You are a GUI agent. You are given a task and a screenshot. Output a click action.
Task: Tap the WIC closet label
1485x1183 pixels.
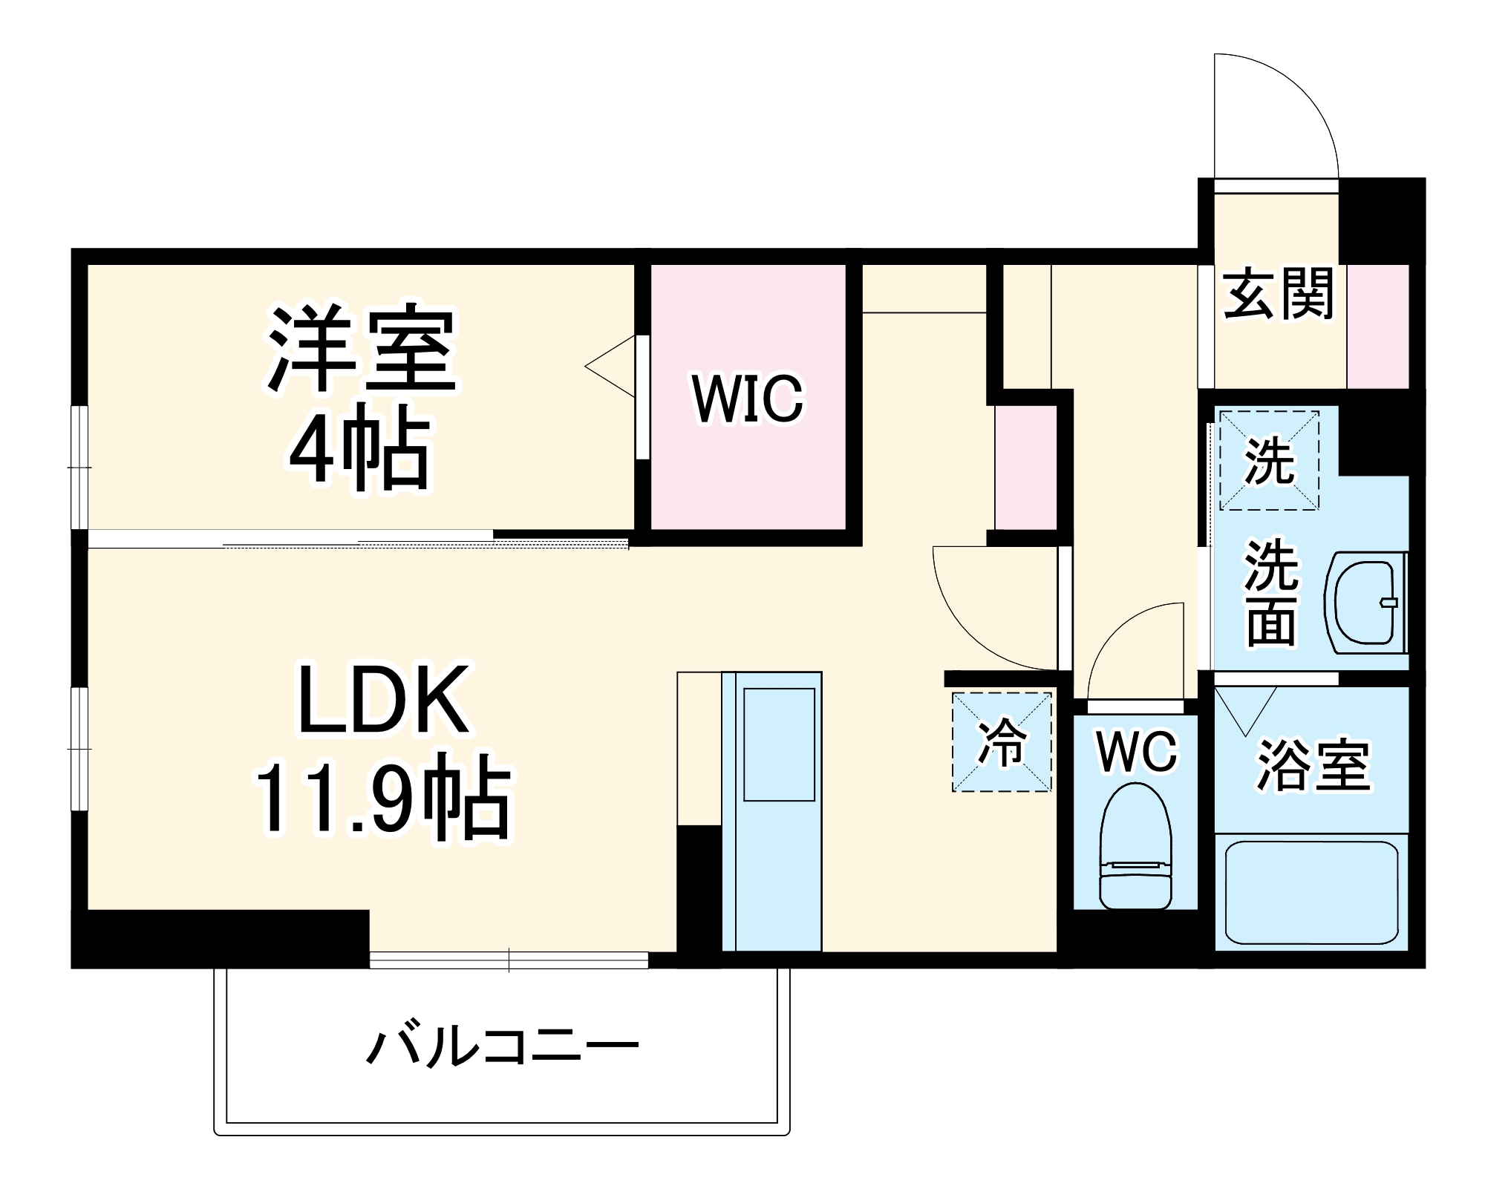point(748,399)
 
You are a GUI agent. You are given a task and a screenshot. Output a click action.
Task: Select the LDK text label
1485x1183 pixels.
point(383,700)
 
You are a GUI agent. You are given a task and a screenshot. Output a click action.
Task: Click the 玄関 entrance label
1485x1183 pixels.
point(1279,295)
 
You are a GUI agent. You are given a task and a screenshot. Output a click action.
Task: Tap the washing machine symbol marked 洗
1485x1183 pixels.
point(1269,461)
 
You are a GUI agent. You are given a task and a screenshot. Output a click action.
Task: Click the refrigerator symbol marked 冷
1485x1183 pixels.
point(1002,741)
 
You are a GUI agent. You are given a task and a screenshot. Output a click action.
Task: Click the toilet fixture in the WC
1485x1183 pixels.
point(1135,846)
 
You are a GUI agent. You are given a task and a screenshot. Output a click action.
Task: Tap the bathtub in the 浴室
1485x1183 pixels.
point(1311,891)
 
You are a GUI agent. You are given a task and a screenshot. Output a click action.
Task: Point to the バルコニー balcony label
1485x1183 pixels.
point(503,1047)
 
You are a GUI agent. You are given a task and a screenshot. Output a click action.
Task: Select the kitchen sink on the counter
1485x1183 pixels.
point(779,744)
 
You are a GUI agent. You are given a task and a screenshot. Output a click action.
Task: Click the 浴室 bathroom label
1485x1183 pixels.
point(1311,765)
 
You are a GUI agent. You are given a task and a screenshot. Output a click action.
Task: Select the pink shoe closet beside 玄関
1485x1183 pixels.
point(1378,327)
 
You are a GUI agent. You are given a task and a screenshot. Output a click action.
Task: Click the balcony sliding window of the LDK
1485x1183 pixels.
point(509,960)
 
